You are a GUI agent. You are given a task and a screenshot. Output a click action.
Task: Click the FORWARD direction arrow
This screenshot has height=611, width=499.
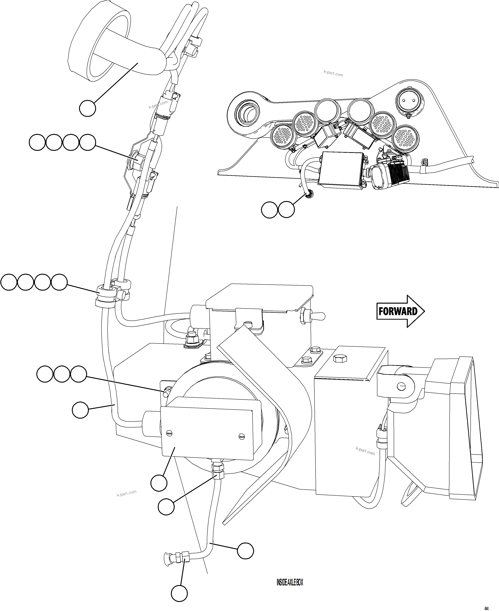(x=400, y=311)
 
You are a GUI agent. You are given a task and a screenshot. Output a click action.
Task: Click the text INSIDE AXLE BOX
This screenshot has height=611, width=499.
(x=290, y=582)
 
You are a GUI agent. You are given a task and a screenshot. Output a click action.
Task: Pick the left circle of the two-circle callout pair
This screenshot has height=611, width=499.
(x=269, y=210)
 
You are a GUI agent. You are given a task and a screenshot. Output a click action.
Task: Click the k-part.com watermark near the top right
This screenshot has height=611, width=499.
(x=333, y=74)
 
